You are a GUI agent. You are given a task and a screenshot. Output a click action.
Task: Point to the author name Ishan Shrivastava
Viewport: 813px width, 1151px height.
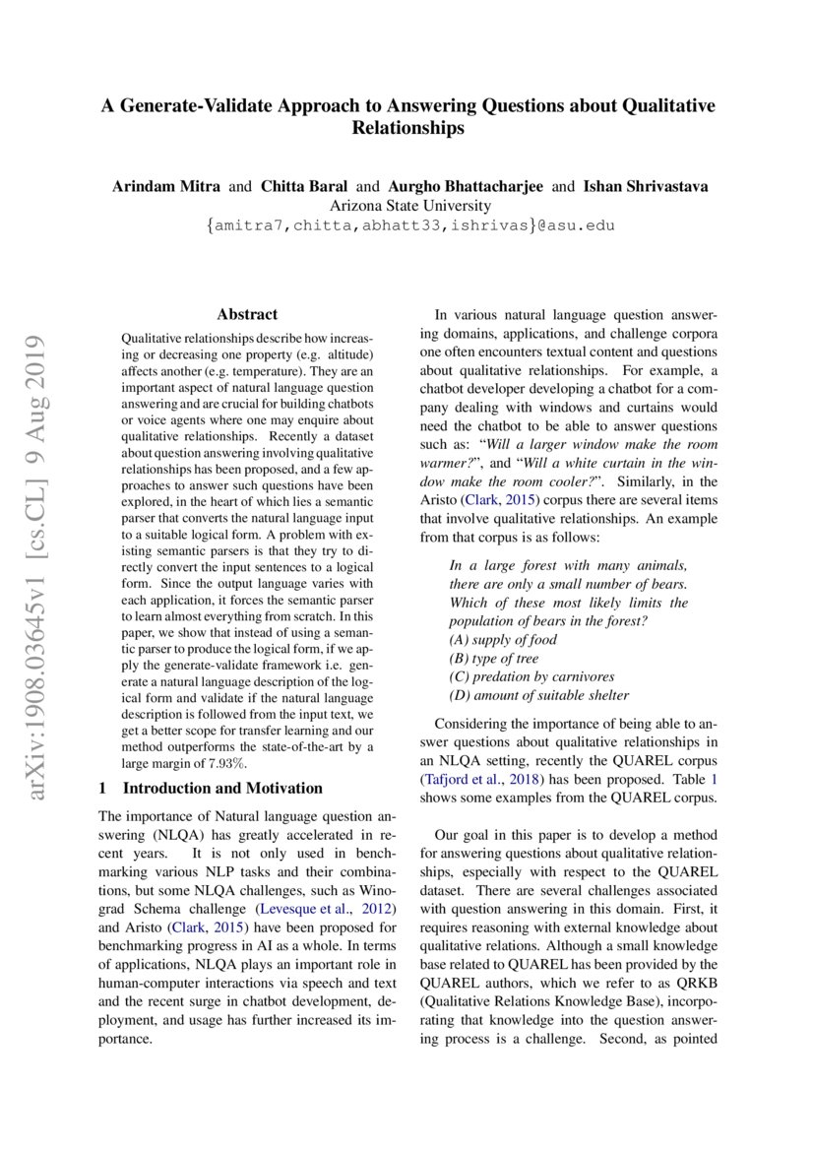click(x=644, y=186)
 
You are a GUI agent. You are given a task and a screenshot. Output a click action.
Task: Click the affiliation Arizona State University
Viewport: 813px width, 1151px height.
click(x=408, y=206)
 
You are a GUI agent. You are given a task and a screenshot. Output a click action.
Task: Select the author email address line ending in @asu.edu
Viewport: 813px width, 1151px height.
click(x=408, y=225)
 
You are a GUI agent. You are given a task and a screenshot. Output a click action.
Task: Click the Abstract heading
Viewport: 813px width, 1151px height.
click(x=247, y=314)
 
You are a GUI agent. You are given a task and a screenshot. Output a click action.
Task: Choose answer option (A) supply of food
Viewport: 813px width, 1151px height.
click(x=502, y=640)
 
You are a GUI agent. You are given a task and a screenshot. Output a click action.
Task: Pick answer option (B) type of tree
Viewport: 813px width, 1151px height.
click(x=494, y=659)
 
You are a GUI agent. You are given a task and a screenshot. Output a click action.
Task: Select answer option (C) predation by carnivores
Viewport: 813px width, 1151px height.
click(x=531, y=676)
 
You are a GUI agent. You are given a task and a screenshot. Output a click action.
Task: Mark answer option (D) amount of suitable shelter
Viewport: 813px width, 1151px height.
click(x=538, y=695)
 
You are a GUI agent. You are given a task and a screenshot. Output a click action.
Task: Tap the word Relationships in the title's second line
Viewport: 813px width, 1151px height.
click(x=407, y=128)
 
